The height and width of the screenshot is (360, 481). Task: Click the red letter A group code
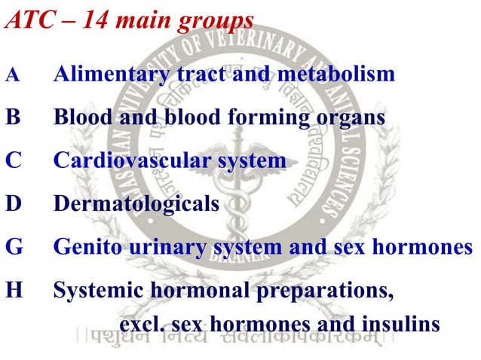pos(11,76)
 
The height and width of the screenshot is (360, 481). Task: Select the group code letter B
pos(13,118)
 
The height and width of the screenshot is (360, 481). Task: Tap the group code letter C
pos(13,161)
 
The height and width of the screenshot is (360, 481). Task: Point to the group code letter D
pos(13,204)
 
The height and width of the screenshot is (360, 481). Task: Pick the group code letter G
pos(14,247)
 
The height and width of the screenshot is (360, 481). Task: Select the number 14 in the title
pos(99,20)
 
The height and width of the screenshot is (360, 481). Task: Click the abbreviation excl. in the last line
pos(142,325)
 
